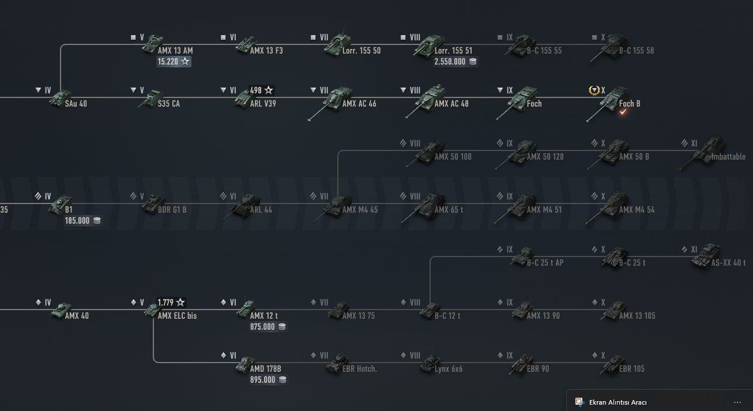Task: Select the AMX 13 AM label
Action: [x=175, y=51]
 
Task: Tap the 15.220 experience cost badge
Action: [x=174, y=61]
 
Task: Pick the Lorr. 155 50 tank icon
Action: [x=337, y=44]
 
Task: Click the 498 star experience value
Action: [x=261, y=91]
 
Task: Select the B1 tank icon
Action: [x=60, y=205]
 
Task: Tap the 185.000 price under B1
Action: [x=83, y=220]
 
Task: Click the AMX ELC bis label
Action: [x=177, y=316]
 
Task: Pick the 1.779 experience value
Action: [x=171, y=302]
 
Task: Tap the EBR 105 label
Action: [x=631, y=369]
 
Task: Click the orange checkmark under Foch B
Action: [x=623, y=112]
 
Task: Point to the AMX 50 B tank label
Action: [x=634, y=157]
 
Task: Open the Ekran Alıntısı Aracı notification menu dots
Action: [x=737, y=402]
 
